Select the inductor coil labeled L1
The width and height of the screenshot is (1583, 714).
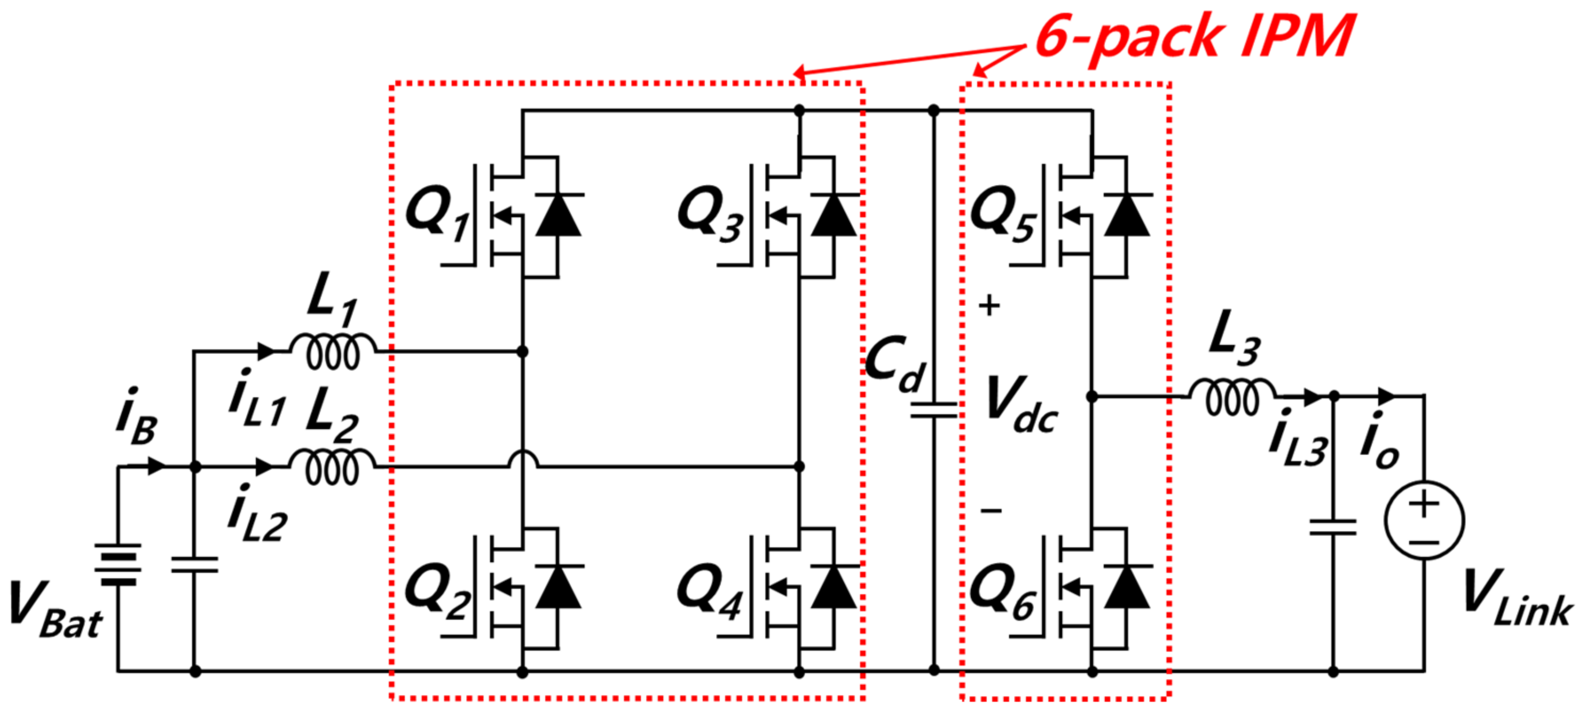(x=332, y=351)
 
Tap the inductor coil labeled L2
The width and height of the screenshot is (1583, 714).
(x=332, y=467)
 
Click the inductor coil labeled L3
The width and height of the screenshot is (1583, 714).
(x=1232, y=398)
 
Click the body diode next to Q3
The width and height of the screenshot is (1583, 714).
(x=834, y=215)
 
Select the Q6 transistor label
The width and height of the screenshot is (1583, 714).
(x=1002, y=592)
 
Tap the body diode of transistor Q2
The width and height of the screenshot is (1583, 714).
(x=558, y=587)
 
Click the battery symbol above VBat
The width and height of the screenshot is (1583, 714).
(x=118, y=564)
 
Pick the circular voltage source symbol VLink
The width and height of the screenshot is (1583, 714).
(x=1424, y=521)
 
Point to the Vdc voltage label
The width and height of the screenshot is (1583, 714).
(x=1020, y=406)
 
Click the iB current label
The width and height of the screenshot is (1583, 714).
(x=136, y=417)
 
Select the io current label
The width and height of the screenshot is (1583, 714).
(x=1379, y=441)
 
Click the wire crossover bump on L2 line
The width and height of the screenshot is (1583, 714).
(x=522, y=459)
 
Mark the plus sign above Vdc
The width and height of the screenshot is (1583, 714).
(x=989, y=305)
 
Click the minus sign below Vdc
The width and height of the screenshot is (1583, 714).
(x=990, y=510)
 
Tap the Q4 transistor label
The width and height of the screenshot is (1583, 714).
(x=710, y=592)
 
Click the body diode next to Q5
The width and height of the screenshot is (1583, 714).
(x=1127, y=215)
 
